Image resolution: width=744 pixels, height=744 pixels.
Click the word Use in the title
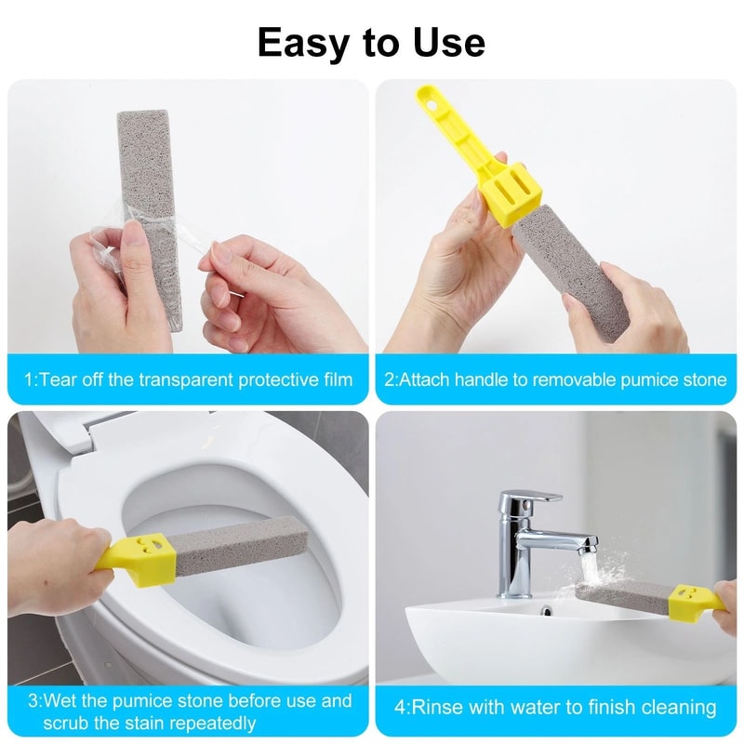(x=450, y=43)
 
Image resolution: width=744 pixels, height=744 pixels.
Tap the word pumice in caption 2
(x=640, y=379)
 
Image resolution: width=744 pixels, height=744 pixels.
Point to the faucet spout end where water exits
(x=587, y=549)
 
